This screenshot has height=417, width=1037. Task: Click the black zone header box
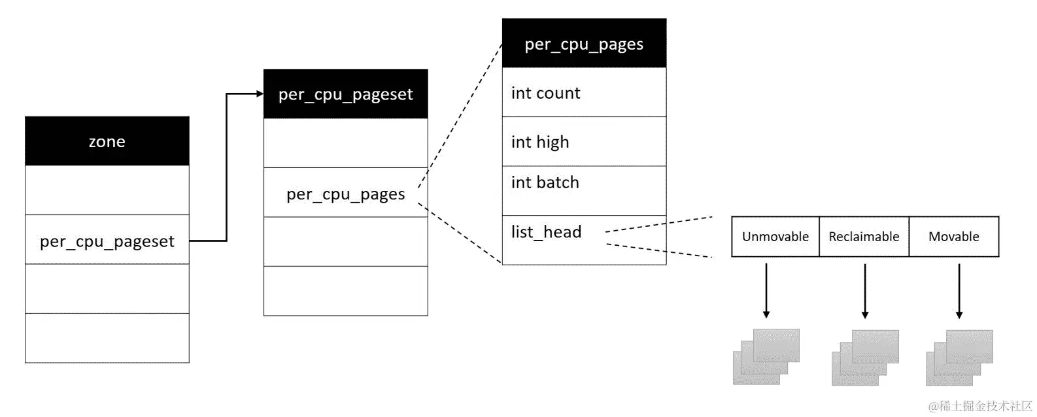[x=107, y=141]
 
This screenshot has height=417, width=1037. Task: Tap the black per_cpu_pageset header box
[x=346, y=94]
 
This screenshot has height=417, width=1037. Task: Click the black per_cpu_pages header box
[x=585, y=43]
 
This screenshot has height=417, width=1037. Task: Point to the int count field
[x=585, y=92]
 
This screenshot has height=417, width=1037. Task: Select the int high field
[x=585, y=141]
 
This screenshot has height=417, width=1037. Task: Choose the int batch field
[x=585, y=191]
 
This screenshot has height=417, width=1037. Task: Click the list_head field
[x=585, y=241]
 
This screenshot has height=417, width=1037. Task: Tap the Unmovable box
[x=775, y=237]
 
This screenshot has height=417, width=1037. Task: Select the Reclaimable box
[x=864, y=237]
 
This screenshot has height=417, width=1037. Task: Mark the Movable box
[x=954, y=237]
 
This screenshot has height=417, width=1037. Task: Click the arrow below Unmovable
[x=766, y=291]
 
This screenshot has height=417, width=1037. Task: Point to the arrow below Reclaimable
[x=865, y=291]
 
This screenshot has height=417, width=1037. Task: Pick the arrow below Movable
[x=959, y=291]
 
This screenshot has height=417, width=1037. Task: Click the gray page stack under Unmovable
[x=766, y=356]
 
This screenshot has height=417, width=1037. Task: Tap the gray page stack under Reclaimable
[x=865, y=358]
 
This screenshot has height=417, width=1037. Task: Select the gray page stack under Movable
[x=959, y=358]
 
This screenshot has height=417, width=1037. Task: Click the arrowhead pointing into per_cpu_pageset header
[x=260, y=94]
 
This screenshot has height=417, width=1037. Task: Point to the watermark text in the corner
[x=981, y=406]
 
